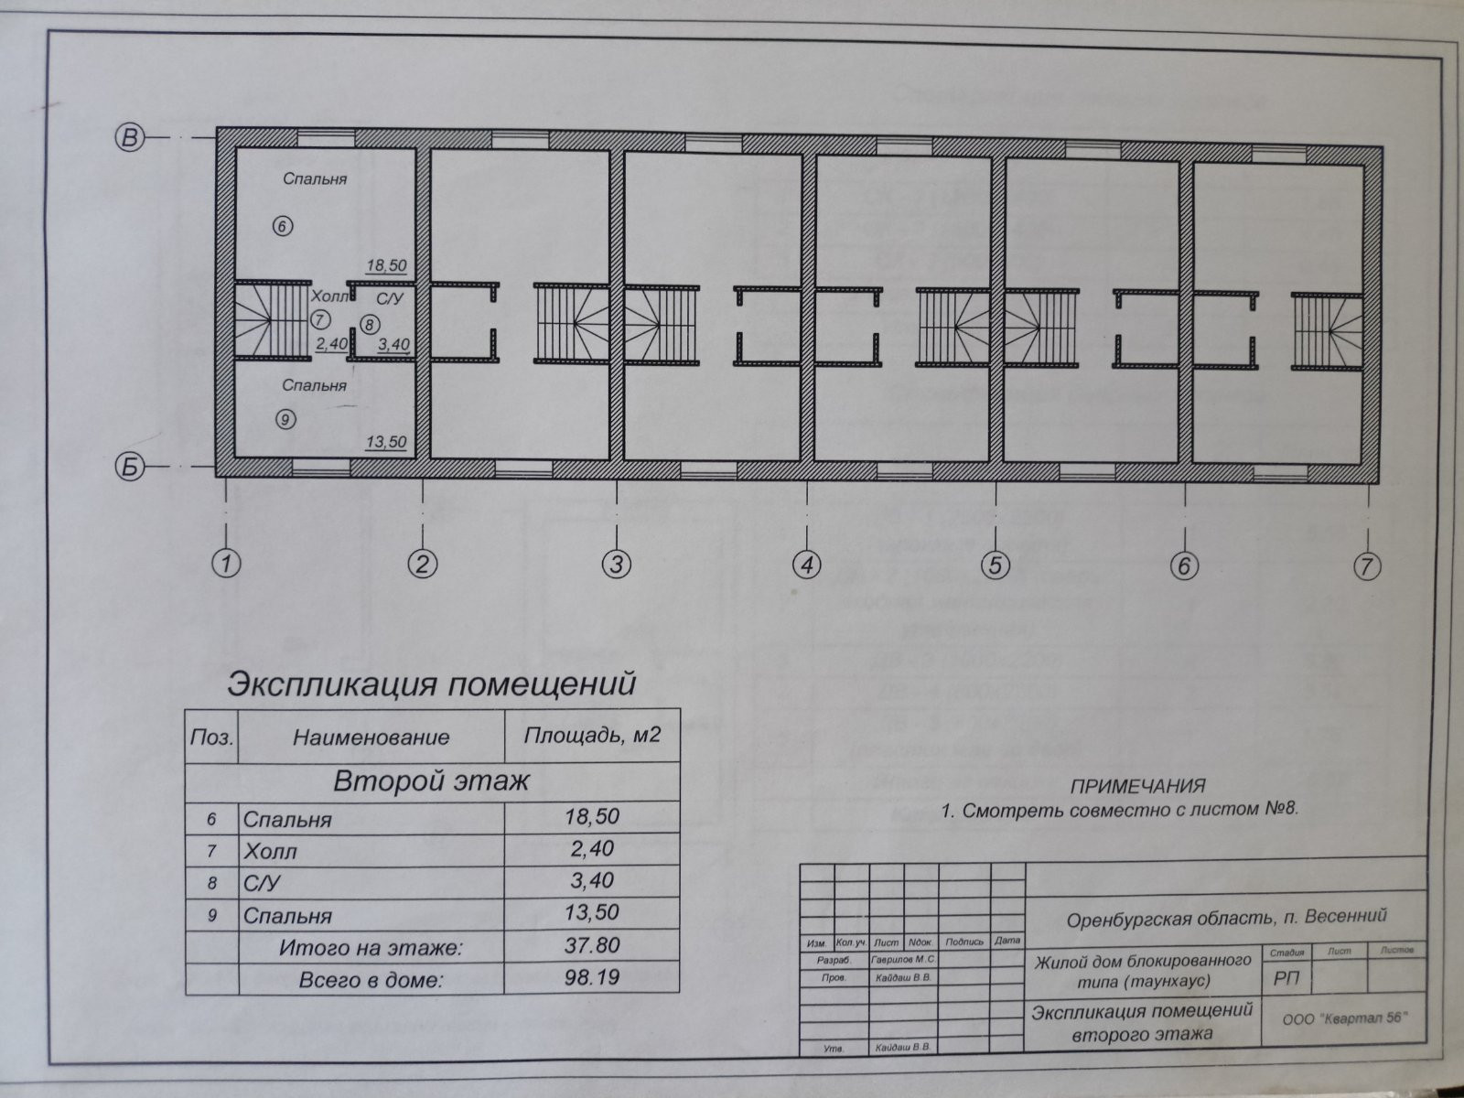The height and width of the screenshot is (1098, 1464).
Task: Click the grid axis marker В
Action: [x=129, y=137]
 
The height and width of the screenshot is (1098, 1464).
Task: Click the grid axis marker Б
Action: [x=129, y=467]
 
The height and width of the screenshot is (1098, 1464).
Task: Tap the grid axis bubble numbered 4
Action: [x=806, y=565]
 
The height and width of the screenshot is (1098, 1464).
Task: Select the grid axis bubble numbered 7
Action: [x=1367, y=566]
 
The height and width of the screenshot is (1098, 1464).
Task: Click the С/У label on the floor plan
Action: [x=390, y=298]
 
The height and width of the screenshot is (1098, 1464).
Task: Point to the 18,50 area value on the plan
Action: [x=385, y=265]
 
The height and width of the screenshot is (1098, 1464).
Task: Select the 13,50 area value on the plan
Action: [x=385, y=442]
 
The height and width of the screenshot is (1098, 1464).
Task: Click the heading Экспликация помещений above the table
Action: [x=431, y=684]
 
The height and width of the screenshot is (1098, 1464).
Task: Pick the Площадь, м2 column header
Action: [x=592, y=735]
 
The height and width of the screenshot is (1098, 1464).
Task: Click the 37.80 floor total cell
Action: [x=592, y=945]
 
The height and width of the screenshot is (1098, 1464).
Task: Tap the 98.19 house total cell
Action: [x=592, y=977]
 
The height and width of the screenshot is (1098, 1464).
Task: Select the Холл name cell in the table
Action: [x=271, y=851]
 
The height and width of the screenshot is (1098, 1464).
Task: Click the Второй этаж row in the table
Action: [x=431, y=782]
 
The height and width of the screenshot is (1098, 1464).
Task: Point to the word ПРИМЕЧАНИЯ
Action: [x=1137, y=786]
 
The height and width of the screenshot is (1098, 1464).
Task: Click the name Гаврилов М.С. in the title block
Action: [x=904, y=960]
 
